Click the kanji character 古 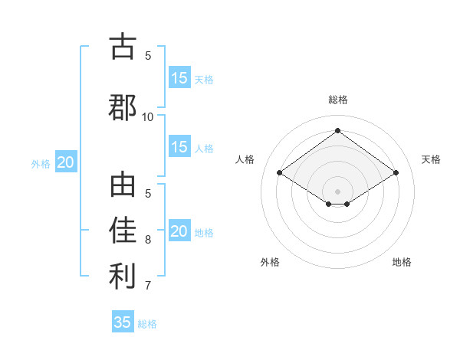point(123,47)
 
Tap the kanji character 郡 point(123,108)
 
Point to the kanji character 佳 point(123,231)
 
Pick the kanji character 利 point(123,277)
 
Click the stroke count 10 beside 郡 point(148,116)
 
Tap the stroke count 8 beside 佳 point(148,239)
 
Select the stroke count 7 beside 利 point(148,286)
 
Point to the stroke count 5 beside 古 point(148,55)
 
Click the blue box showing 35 point(123,322)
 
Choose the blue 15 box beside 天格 point(179,78)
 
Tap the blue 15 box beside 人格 point(179,147)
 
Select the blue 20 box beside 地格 point(179,231)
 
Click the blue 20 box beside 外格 point(66,162)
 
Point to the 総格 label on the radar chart point(337,100)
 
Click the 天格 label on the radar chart point(431,159)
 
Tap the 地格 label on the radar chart point(402,262)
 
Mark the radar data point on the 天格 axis point(396,173)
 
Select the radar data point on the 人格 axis point(280,173)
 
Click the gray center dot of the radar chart point(337,191)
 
